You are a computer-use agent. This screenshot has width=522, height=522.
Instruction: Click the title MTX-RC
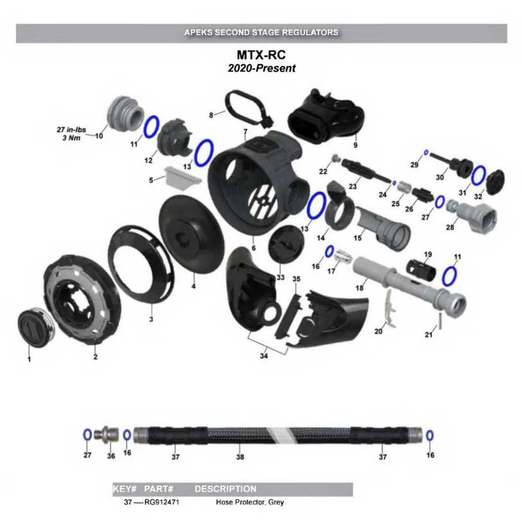(261, 55)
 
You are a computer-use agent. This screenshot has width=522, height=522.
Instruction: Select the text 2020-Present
(261, 68)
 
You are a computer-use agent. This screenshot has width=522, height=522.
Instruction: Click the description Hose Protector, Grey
(250, 503)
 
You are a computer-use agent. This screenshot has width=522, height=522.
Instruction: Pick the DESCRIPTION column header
(225, 489)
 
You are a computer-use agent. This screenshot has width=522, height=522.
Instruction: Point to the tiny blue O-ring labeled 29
(426, 152)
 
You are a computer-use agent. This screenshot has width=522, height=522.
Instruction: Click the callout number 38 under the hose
(240, 456)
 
